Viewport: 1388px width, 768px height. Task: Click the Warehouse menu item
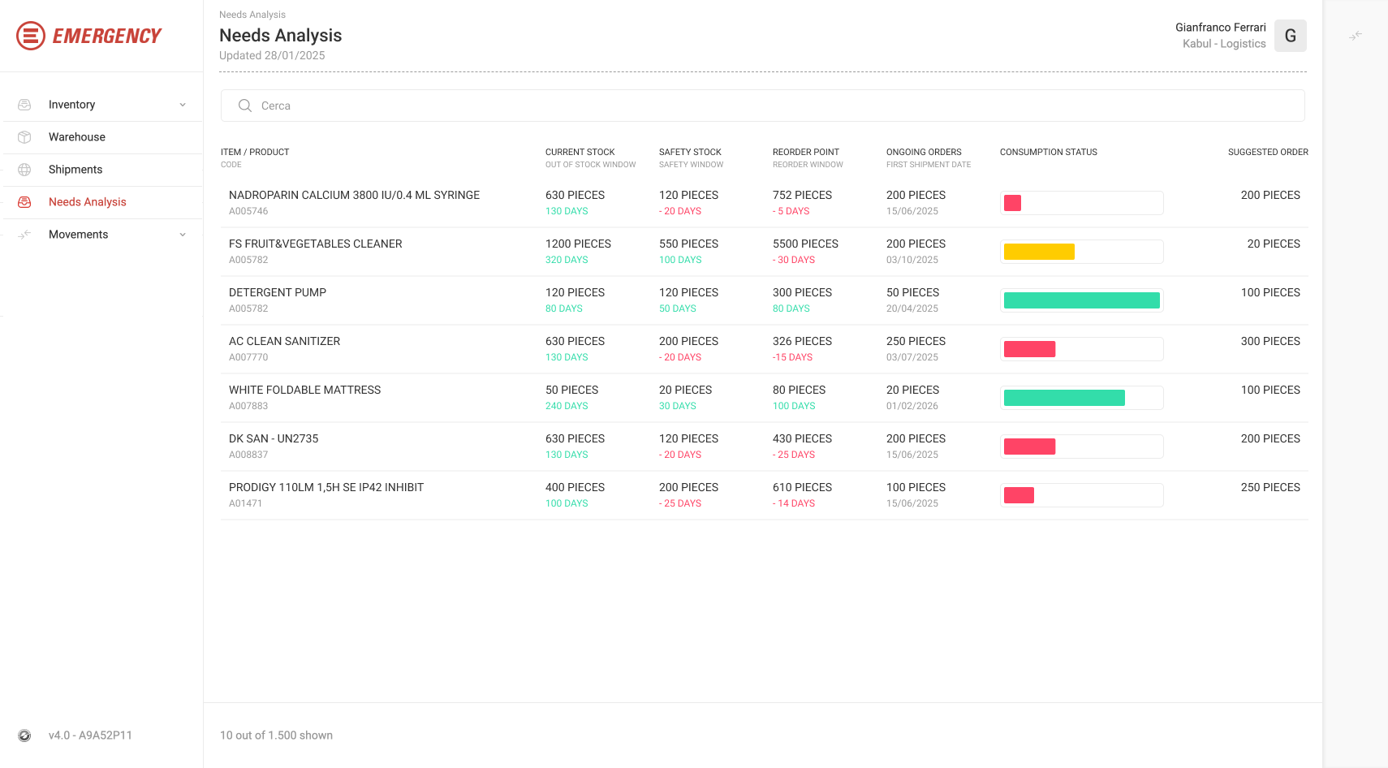pyautogui.click(x=77, y=137)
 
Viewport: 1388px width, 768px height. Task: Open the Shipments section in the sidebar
pyautogui.click(x=75, y=169)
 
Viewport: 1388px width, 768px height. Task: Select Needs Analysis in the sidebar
pyautogui.click(x=87, y=202)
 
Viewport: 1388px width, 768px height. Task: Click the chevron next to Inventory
pyautogui.click(x=182, y=105)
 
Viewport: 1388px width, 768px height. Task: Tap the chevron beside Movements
pyautogui.click(x=182, y=235)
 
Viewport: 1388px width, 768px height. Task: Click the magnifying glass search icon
pyautogui.click(x=245, y=106)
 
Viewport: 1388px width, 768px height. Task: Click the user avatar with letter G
pyautogui.click(x=1290, y=36)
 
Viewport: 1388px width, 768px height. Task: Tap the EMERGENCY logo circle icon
pyautogui.click(x=30, y=36)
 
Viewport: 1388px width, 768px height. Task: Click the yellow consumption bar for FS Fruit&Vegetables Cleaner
pyautogui.click(x=1038, y=252)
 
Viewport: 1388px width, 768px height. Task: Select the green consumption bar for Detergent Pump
pyautogui.click(x=1081, y=300)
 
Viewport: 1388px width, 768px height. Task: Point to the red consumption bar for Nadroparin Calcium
pyautogui.click(x=1012, y=203)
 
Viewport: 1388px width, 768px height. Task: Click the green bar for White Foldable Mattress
pyautogui.click(x=1064, y=398)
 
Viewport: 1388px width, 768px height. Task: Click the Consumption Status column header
pyautogui.click(x=1048, y=152)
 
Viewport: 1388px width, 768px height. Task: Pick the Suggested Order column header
pyautogui.click(x=1268, y=152)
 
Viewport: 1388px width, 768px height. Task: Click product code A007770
pyautogui.click(x=248, y=357)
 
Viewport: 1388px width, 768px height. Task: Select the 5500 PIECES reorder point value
pyautogui.click(x=805, y=244)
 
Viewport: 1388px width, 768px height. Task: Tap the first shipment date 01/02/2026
pyautogui.click(x=912, y=406)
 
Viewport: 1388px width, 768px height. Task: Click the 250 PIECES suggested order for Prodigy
pyautogui.click(x=1269, y=487)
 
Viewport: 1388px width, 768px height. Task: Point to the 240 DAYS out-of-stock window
pyautogui.click(x=567, y=406)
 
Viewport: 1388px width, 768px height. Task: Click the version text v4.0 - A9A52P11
pyautogui.click(x=90, y=736)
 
